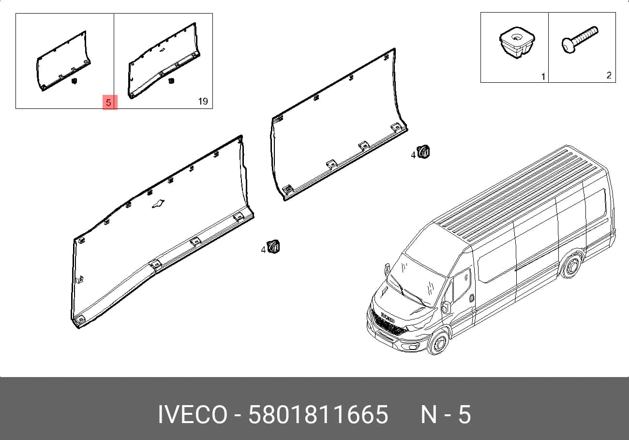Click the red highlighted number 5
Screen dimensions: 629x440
pyautogui.click(x=109, y=102)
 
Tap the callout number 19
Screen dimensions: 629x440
pyautogui.click(x=203, y=101)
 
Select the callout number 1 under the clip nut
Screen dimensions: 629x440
pyautogui.click(x=543, y=76)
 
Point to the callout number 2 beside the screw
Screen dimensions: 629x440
pyautogui.click(x=609, y=76)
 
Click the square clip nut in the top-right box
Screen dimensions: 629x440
pyautogui.click(x=517, y=43)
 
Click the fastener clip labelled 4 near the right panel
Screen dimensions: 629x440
pyautogui.click(x=423, y=152)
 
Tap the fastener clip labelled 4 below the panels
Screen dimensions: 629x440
pyautogui.click(x=273, y=247)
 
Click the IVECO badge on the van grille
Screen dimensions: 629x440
pyautogui.click(x=388, y=317)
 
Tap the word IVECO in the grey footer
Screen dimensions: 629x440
pyautogui.click(x=193, y=414)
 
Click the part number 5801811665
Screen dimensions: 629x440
pyautogui.click(x=318, y=414)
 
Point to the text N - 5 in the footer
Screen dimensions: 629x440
pyautogui.click(x=446, y=414)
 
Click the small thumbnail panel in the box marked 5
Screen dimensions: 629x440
pyautogui.click(x=63, y=61)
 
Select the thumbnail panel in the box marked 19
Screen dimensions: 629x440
pyautogui.click(x=164, y=61)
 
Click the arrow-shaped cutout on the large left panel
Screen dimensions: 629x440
pyautogui.click(x=158, y=204)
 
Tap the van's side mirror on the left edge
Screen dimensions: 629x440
pyautogui.click(x=387, y=270)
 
